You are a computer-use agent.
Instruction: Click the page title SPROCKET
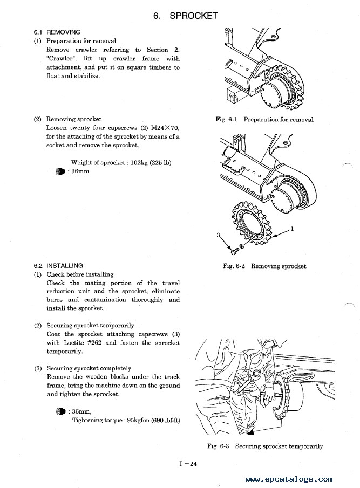193,16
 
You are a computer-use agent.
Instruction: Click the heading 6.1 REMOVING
57,32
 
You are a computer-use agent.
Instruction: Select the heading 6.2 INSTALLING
58,265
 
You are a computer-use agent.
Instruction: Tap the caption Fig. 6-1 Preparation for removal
264,120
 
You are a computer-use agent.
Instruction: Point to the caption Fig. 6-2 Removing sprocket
264,266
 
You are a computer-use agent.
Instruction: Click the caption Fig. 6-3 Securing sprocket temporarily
265,446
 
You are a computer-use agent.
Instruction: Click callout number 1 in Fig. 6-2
292,229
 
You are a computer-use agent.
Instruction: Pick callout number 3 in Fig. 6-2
218,235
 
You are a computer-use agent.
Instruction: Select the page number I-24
188,464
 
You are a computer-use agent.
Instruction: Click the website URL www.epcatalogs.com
289,479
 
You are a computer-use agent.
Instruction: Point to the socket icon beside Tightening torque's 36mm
60,411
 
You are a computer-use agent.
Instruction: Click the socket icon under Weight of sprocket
60,171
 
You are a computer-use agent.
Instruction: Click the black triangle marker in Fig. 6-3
251,432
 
